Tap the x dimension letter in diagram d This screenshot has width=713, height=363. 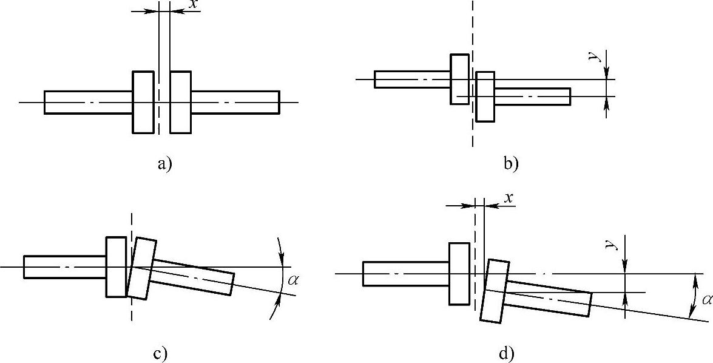click(x=509, y=198)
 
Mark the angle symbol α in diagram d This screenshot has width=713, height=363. click(x=706, y=299)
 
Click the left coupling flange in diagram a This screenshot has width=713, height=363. click(x=143, y=101)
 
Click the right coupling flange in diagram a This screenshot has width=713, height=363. click(x=180, y=101)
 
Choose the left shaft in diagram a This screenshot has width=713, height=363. click(x=88, y=102)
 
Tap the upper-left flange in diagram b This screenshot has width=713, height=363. click(x=459, y=79)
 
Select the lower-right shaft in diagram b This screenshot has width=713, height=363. click(x=532, y=96)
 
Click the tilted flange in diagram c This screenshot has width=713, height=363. click(x=140, y=268)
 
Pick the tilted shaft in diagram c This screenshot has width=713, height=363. click(x=191, y=277)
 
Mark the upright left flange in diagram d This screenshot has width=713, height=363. click(x=459, y=273)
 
